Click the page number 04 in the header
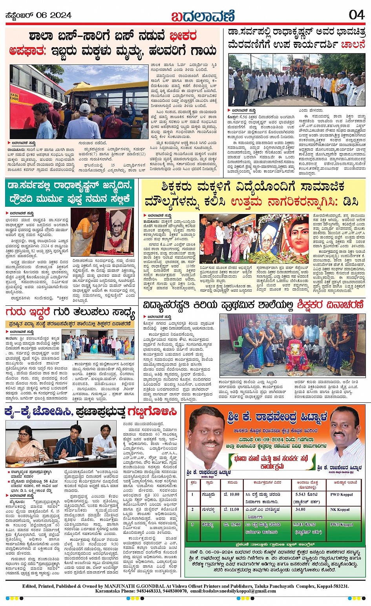[x=356, y=15]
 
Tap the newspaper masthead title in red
[x=203, y=16]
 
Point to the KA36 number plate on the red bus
[x=15, y=97]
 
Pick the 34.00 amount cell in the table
[x=301, y=509]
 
